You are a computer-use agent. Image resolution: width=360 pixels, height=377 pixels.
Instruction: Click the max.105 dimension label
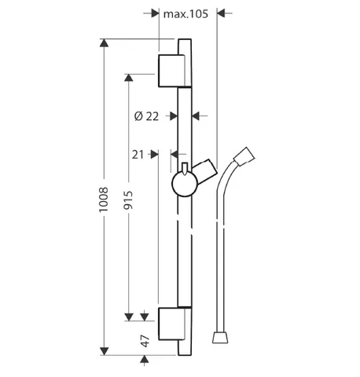coord(186,14)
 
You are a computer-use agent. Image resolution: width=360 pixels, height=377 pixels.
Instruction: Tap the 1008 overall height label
coord(104,199)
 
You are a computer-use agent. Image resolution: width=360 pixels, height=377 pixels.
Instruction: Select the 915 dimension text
coord(128,200)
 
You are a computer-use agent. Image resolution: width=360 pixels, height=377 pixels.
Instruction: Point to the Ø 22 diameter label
coord(146,116)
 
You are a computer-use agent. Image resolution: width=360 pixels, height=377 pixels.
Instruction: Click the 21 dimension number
coord(138,155)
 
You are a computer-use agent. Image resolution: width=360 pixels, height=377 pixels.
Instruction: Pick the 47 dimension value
coord(145,341)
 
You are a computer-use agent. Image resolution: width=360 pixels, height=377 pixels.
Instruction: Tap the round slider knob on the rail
coord(185,184)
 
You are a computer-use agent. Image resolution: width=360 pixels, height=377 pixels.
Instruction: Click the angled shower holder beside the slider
coord(206,171)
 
